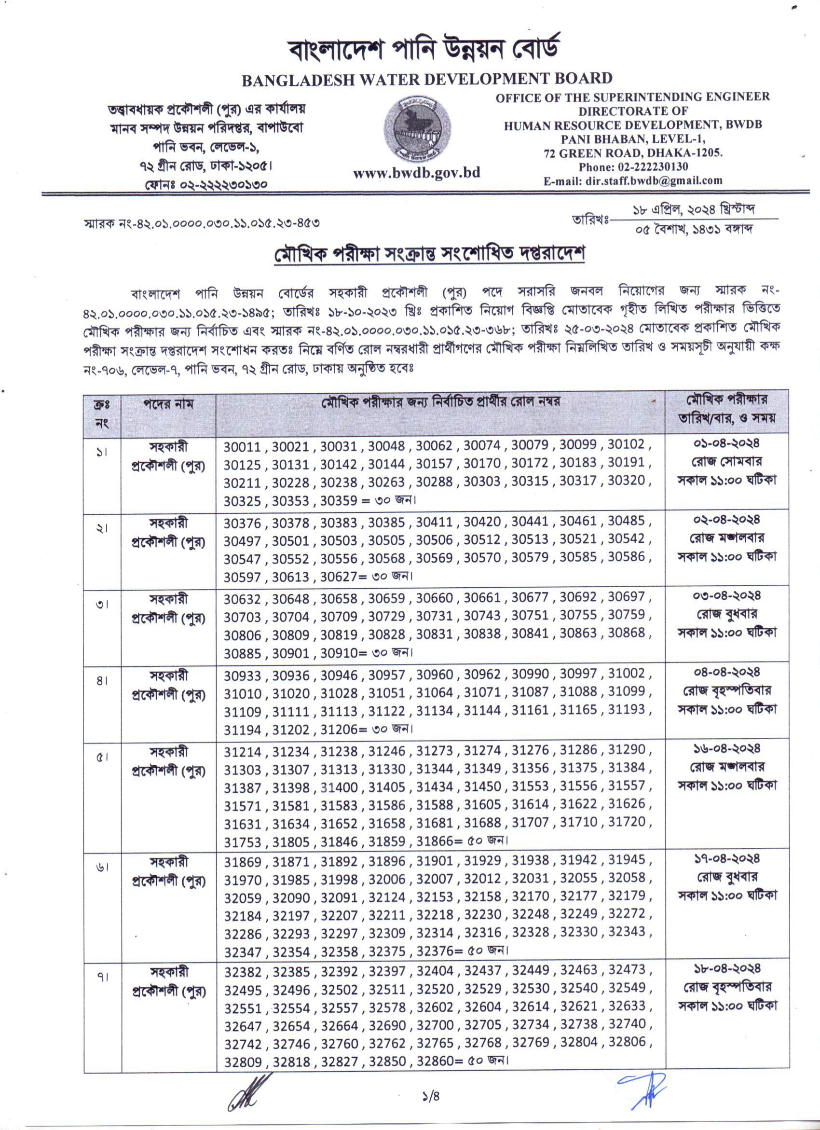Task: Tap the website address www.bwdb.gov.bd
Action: pos(416,173)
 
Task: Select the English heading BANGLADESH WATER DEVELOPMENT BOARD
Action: pos(427,79)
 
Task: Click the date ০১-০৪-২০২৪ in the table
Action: pos(727,443)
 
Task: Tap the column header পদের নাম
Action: pos(168,404)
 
